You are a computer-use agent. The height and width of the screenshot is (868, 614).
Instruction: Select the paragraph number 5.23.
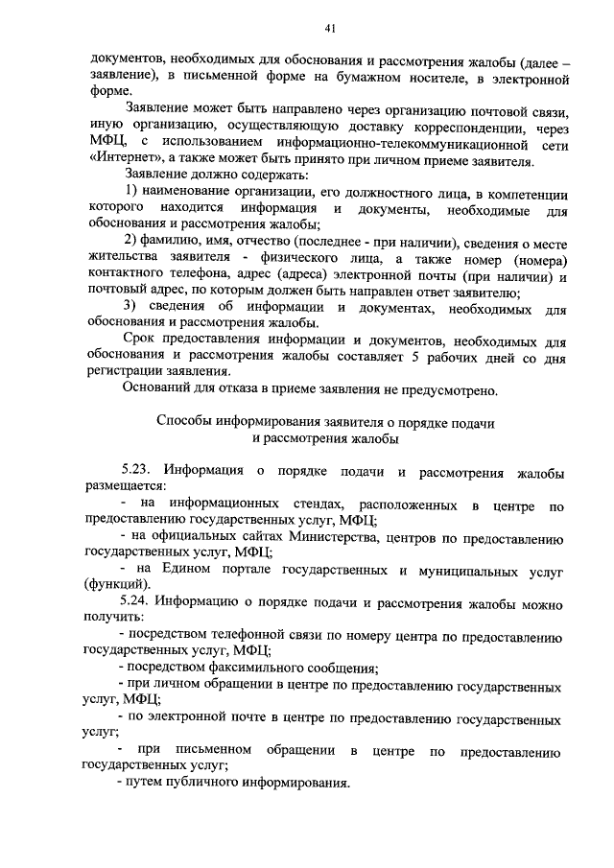click(137, 471)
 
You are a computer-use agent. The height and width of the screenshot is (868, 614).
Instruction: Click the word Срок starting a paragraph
click(141, 340)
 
